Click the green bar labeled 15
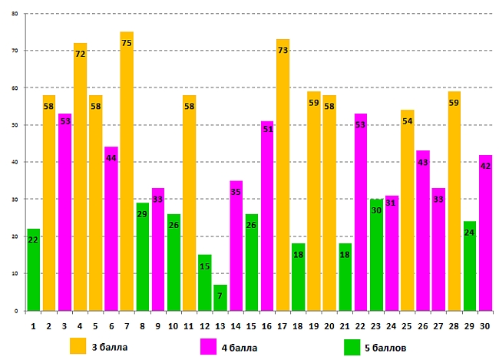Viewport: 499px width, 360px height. pos(205,283)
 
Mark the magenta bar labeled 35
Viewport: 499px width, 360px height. pos(236,246)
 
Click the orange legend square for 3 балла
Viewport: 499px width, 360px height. pos(78,345)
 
